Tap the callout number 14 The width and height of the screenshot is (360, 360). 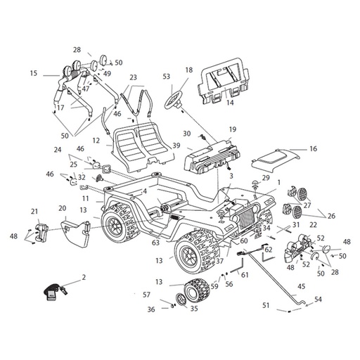(230, 103)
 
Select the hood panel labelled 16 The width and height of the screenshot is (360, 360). (276, 160)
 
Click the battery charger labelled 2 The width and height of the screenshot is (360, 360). (54, 291)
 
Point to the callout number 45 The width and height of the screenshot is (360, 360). (301, 286)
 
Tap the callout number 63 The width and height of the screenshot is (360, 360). (155, 243)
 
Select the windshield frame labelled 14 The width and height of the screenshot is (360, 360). (224, 81)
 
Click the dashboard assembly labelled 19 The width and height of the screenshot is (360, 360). (212, 156)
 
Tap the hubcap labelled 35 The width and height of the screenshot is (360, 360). (181, 299)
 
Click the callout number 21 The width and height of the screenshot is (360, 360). (34, 212)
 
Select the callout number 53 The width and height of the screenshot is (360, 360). (167, 77)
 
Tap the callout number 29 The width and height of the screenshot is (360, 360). (266, 178)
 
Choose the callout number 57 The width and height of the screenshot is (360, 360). (146, 295)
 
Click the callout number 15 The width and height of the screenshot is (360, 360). (34, 73)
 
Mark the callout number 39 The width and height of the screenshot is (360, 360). (176, 146)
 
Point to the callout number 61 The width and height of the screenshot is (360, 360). (245, 275)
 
